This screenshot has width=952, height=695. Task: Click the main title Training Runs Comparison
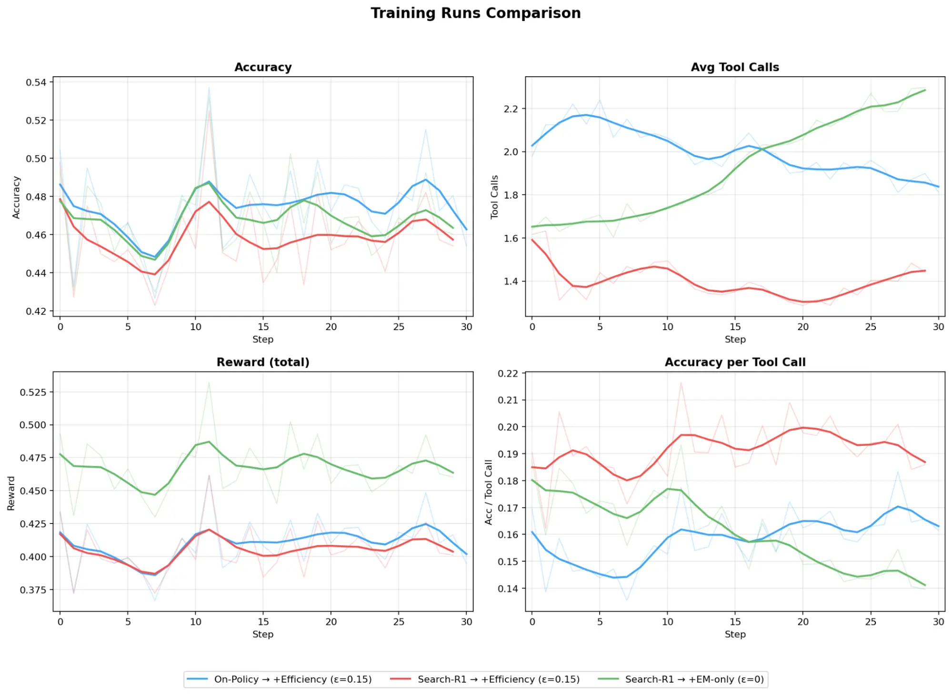pyautogui.click(x=475, y=13)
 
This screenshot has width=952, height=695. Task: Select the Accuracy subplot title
pyautogui.click(x=263, y=67)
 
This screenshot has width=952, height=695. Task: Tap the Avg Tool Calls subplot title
pyautogui.click(x=735, y=67)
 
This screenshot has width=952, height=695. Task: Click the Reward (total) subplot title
pyautogui.click(x=263, y=362)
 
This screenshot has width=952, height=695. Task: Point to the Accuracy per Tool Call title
pyautogui.click(x=735, y=362)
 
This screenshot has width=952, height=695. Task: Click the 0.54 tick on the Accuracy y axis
pyautogui.click(x=36, y=82)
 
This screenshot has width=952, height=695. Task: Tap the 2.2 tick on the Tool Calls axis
pyautogui.click(x=511, y=109)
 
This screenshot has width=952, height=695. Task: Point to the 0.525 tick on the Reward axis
pyautogui.click(x=33, y=392)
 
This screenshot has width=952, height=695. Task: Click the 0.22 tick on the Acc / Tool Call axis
pyautogui.click(x=508, y=373)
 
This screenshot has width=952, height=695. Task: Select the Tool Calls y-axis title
pyautogui.click(x=494, y=197)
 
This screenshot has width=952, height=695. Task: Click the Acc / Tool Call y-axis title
pyautogui.click(x=488, y=492)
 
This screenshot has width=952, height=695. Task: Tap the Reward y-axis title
pyautogui.click(x=11, y=493)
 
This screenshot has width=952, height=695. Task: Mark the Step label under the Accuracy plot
pyautogui.click(x=263, y=339)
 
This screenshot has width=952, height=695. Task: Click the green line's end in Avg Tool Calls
pyautogui.click(x=925, y=90)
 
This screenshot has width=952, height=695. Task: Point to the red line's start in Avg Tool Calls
pyautogui.click(x=532, y=240)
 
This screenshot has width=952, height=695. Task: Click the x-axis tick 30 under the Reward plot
pyautogui.click(x=466, y=622)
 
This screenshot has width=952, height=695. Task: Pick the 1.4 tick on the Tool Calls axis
pyautogui.click(x=511, y=282)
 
